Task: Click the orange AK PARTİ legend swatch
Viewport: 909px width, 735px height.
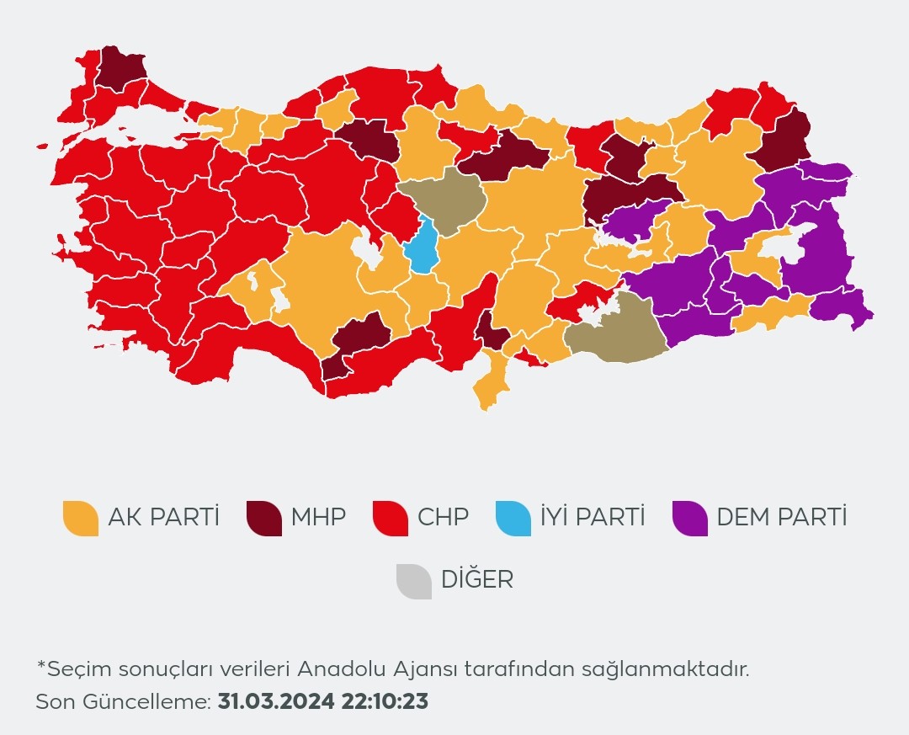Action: (x=81, y=517)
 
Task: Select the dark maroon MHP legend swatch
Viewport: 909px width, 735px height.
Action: (x=263, y=517)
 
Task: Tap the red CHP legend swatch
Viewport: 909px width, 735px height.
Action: (x=390, y=517)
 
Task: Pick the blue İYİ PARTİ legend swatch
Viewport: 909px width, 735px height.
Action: (x=513, y=517)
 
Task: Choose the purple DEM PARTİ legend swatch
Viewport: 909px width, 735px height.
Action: (x=690, y=517)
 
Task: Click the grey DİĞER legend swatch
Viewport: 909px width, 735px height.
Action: (x=413, y=580)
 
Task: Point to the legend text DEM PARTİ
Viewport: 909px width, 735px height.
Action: (x=781, y=517)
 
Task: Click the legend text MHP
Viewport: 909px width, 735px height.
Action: (x=318, y=517)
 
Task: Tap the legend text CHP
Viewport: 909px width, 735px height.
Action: (x=443, y=517)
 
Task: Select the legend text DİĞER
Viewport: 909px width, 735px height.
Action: (x=476, y=580)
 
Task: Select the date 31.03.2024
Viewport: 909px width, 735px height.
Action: (x=275, y=701)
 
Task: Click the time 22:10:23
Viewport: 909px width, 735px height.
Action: (x=385, y=701)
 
